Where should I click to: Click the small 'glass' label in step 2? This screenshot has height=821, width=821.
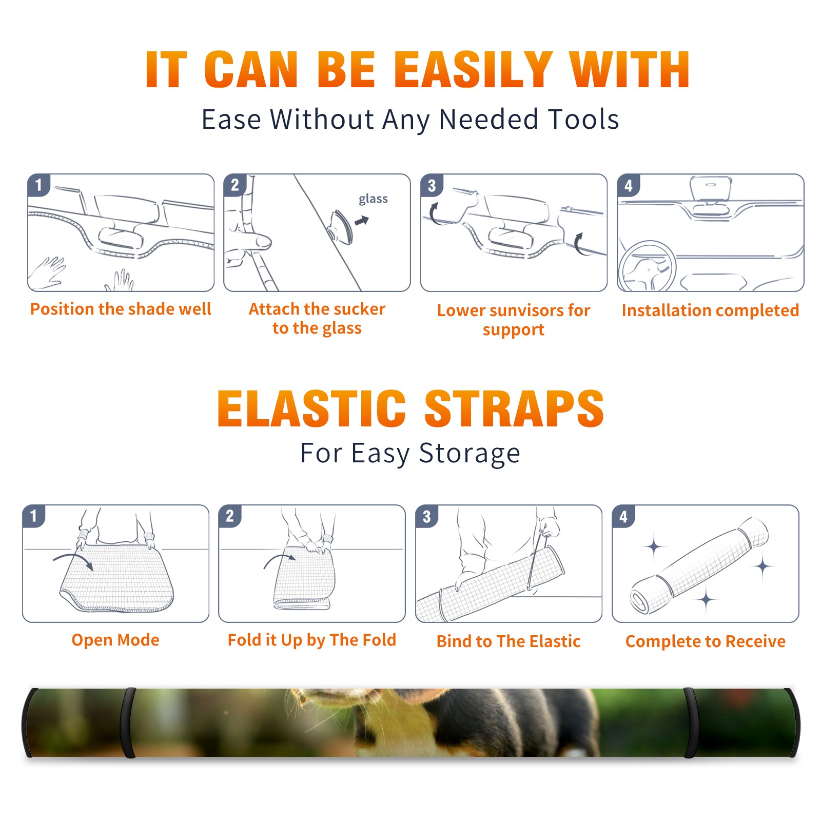tap(373, 199)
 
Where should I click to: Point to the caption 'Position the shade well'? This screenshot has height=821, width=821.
tap(121, 309)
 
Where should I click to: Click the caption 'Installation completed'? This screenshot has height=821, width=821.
tap(710, 310)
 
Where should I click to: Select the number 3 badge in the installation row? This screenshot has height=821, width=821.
tap(432, 185)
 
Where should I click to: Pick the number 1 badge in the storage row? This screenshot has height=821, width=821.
tap(34, 516)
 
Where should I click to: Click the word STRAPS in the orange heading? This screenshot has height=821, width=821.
tap(514, 408)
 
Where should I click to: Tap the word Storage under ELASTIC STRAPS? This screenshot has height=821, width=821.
tap(470, 454)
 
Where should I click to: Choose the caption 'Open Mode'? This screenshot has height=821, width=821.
tap(115, 640)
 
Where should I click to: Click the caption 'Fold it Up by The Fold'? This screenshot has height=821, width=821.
tap(312, 640)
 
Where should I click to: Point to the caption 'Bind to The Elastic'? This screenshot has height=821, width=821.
tap(509, 641)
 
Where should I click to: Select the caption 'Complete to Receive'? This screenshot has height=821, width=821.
tap(706, 641)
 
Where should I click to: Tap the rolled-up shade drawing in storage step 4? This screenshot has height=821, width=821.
tap(699, 565)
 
